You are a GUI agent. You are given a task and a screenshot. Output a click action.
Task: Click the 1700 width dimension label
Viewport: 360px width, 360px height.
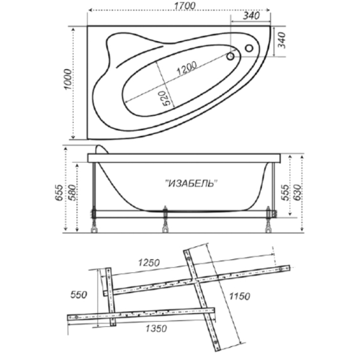click(185, 6)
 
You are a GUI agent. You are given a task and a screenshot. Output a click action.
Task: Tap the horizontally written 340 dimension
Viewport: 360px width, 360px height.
click(251, 16)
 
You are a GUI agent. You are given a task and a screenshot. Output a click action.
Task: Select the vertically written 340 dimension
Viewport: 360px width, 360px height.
click(282, 40)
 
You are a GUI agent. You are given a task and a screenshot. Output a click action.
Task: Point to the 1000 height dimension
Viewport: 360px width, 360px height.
click(68, 79)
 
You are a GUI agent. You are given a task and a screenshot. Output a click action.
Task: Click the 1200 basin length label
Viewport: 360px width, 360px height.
click(186, 68)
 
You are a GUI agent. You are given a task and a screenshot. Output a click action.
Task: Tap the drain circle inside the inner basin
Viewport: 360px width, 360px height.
click(230, 56)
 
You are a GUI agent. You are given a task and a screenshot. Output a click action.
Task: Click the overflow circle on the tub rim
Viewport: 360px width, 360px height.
click(249, 48)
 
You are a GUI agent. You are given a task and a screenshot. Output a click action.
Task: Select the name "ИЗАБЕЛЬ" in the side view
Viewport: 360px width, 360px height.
click(192, 184)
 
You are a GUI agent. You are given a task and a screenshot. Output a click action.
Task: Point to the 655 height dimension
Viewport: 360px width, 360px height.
click(59, 193)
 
